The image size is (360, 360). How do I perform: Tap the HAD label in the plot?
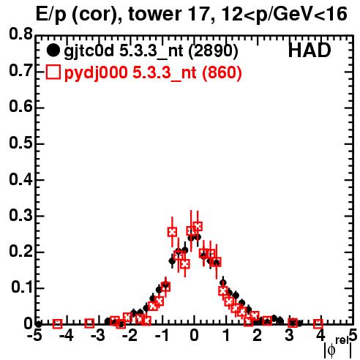[310, 50]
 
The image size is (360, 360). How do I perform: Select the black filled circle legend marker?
[53, 50]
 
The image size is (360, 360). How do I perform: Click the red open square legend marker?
[53, 72]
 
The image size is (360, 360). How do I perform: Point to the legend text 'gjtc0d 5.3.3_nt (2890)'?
[151, 51]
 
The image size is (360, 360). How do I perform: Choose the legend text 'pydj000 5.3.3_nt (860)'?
[153, 73]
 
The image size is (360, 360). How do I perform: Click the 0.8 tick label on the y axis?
[20, 34]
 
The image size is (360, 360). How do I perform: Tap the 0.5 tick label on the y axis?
[20, 143]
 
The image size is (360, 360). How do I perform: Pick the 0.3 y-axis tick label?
[20, 215]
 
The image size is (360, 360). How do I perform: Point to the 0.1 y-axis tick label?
[22, 288]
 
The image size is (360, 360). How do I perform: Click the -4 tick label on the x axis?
[66, 335]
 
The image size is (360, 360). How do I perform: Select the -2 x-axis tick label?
[130, 335]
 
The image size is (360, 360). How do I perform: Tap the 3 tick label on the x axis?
[289, 335]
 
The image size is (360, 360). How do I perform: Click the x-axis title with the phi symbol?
[338, 348]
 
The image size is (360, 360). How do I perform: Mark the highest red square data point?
[198, 226]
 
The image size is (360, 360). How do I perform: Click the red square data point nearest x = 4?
[318, 324]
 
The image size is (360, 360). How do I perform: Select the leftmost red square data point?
[58, 324]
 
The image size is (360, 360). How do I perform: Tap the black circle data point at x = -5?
[38, 324]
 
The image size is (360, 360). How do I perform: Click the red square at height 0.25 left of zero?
[172, 232]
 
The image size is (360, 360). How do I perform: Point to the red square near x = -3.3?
[89, 323]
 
